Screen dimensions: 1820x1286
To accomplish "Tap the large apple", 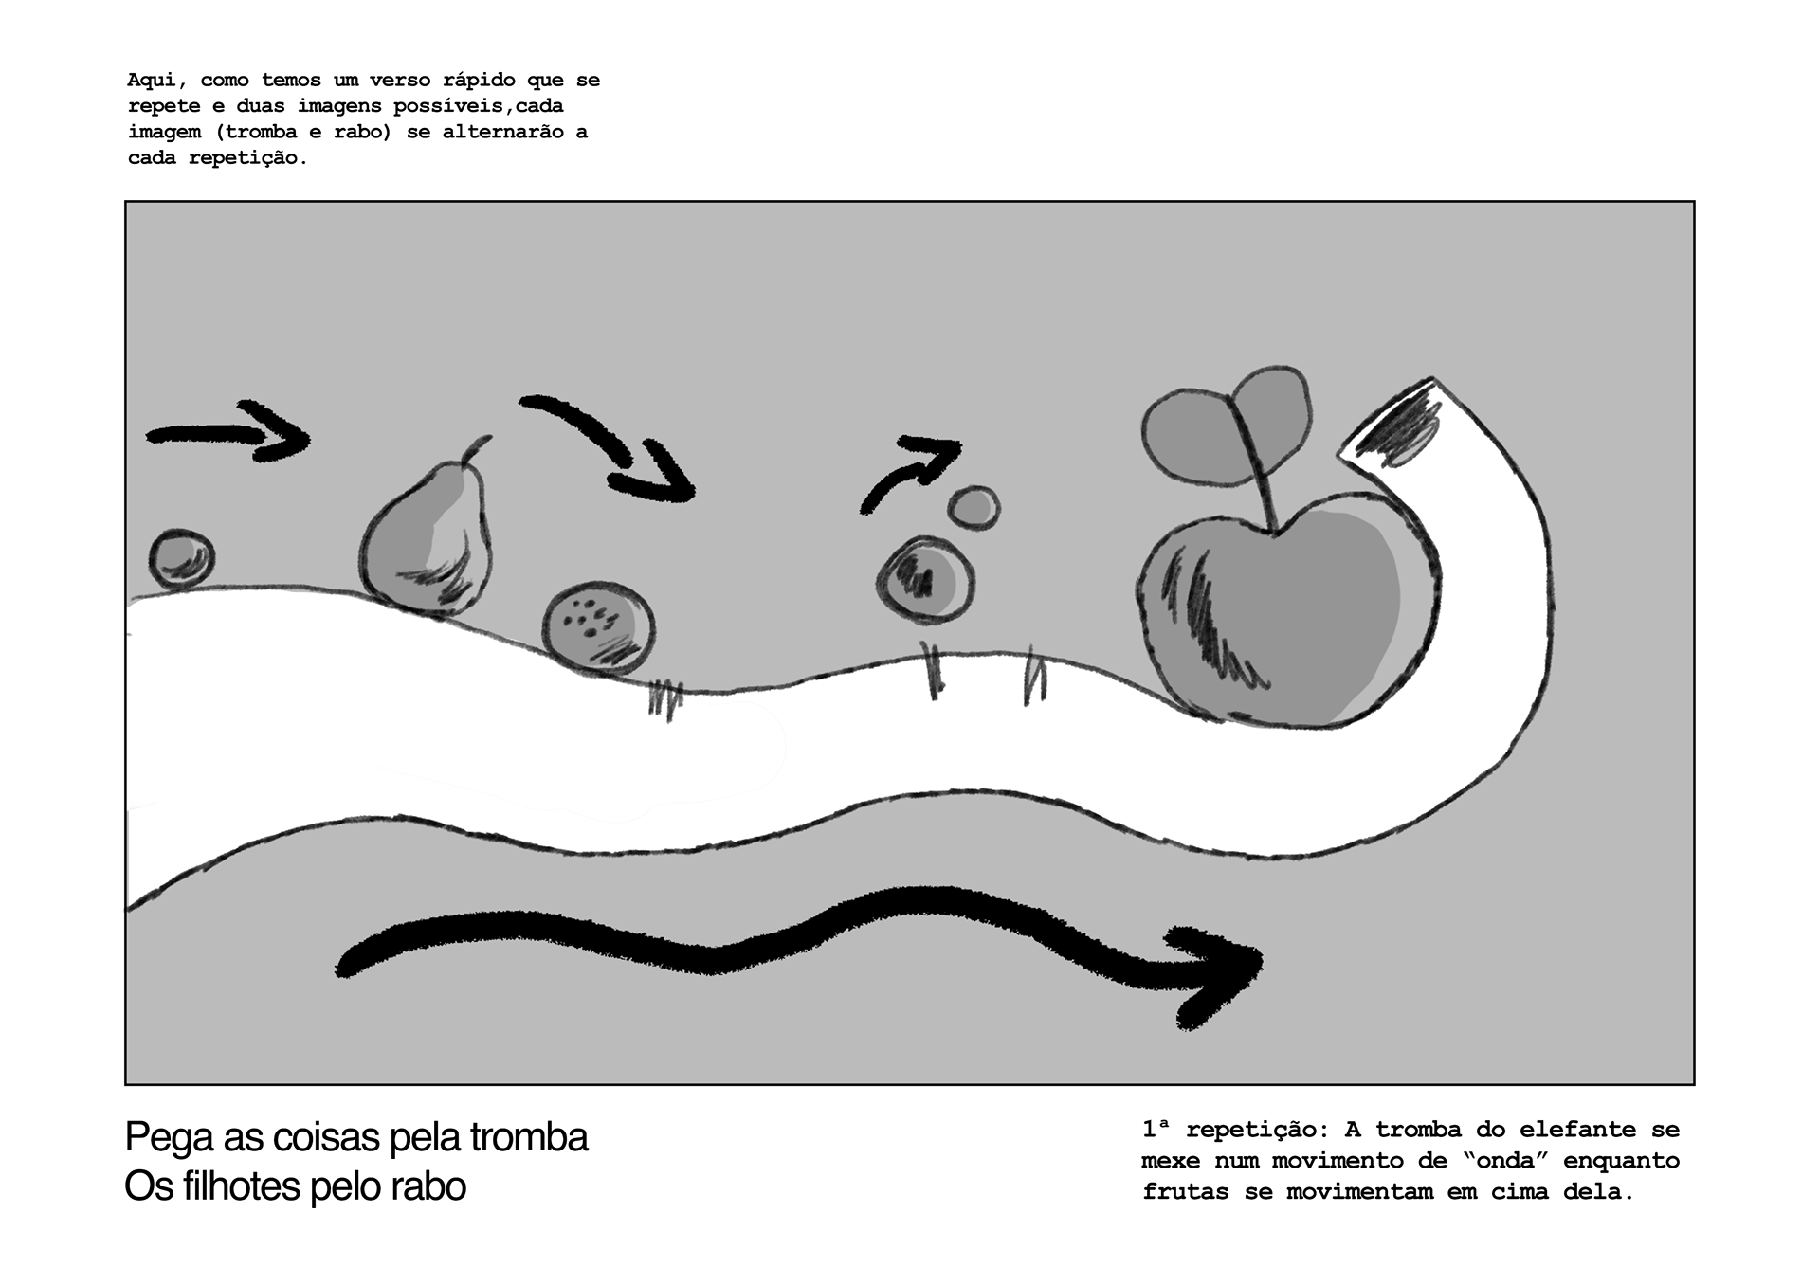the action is [1289, 616].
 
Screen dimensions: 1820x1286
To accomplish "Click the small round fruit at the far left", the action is [181, 558].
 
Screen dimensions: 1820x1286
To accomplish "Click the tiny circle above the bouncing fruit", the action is [974, 507].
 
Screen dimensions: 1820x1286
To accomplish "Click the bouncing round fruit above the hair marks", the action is [924, 580].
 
